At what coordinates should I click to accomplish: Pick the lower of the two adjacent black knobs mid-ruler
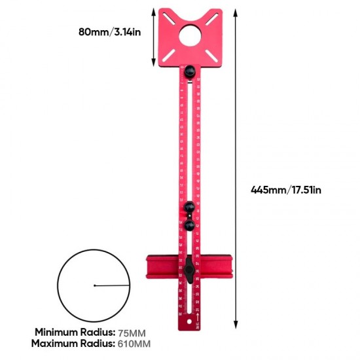189,225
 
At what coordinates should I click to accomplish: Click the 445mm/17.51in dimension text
286,190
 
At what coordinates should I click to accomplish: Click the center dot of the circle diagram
95,285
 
